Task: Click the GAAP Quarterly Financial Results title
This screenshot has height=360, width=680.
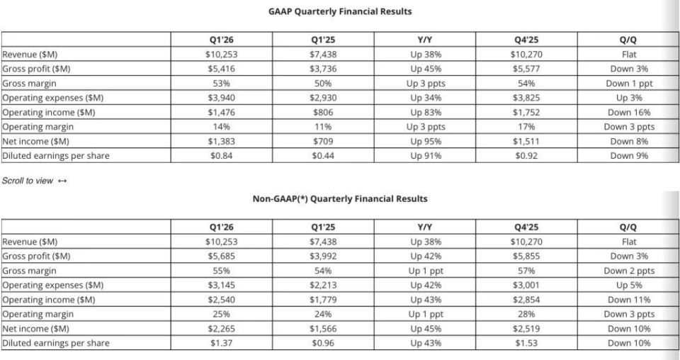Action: click(340, 12)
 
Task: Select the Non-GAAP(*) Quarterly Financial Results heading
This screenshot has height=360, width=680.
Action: click(340, 199)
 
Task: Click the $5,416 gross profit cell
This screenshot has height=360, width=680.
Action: click(221, 69)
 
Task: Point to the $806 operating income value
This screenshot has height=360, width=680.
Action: click(323, 113)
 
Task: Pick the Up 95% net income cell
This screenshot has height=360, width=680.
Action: click(426, 142)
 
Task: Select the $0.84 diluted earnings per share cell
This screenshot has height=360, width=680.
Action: click(221, 156)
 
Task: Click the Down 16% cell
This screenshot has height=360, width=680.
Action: click(629, 113)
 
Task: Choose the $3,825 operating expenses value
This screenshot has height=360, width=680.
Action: click(526, 98)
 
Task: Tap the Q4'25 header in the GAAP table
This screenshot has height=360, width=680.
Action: click(526, 40)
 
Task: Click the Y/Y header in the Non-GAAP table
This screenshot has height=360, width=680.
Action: click(424, 227)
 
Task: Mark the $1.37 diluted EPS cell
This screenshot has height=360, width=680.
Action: click(221, 343)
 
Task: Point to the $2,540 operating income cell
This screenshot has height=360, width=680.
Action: click(221, 300)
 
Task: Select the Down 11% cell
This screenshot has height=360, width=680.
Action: click(629, 300)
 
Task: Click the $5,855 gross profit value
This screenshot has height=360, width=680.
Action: click(526, 257)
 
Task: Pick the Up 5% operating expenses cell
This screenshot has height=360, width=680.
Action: click(629, 286)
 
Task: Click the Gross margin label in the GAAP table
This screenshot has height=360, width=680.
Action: click(29, 84)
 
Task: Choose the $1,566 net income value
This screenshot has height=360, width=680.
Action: click(323, 329)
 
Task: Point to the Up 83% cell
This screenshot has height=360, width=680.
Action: click(426, 113)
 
